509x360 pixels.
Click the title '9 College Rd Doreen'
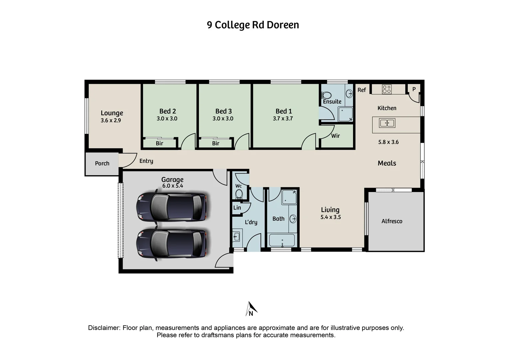pyautogui.click(x=253, y=25)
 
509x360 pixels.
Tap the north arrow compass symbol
pyautogui.click(x=251, y=309)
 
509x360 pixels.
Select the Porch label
pyautogui.click(x=102, y=163)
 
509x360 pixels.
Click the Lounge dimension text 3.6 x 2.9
pyautogui.click(x=111, y=121)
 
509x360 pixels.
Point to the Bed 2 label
pyautogui.click(x=167, y=111)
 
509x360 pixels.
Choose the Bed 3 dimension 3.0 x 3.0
pyautogui.click(x=223, y=119)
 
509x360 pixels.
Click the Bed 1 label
pyautogui.click(x=283, y=111)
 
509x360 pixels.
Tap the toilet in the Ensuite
pyautogui.click(x=327, y=95)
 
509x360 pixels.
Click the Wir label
pyautogui.click(x=335, y=136)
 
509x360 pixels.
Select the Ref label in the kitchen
pyautogui.click(x=361, y=90)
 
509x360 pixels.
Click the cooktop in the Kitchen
pyautogui.click(x=386, y=89)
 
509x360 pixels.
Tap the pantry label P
pyautogui.click(x=414, y=89)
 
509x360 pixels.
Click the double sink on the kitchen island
pyautogui.click(x=387, y=123)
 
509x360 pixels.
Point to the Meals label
pyautogui.click(x=387, y=163)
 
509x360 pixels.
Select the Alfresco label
pyautogui.click(x=392, y=221)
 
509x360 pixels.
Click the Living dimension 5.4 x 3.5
pyautogui.click(x=330, y=217)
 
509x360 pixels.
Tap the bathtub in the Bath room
pyautogui.click(x=282, y=240)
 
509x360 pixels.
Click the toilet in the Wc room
pyautogui.click(x=239, y=194)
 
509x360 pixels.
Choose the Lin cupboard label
pyautogui.click(x=237, y=208)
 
